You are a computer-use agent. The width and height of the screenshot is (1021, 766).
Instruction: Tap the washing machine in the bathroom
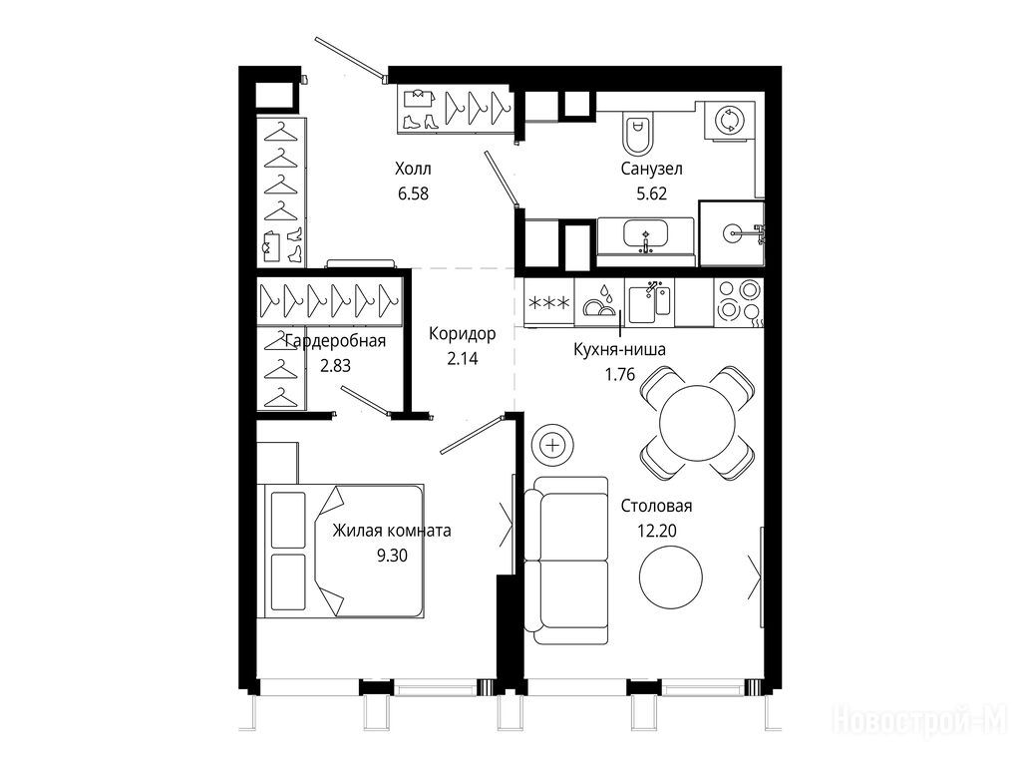[729, 121]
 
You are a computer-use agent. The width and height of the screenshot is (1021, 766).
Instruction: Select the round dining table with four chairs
[697, 423]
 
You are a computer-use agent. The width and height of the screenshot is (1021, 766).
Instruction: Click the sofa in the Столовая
[566, 561]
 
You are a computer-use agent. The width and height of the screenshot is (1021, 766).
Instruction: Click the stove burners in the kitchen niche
[738, 302]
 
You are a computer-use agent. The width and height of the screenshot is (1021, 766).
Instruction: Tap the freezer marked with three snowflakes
[549, 303]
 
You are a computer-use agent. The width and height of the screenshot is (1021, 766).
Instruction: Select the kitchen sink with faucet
[649, 302]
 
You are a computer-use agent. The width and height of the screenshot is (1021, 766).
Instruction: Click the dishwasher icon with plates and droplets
[599, 302]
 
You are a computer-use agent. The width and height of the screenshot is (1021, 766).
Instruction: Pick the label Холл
[413, 170]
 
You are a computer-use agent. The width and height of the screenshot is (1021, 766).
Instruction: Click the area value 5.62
[651, 193]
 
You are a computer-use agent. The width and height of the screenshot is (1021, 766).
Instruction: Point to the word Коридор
[463, 334]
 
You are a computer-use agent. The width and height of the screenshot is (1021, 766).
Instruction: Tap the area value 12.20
[656, 531]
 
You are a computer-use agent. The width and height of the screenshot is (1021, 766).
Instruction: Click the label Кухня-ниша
[619, 350]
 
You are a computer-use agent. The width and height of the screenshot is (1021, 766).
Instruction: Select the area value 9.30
[392, 555]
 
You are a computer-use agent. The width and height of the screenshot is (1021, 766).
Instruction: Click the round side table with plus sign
[552, 446]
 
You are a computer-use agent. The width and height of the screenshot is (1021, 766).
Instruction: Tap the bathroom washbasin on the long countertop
[645, 235]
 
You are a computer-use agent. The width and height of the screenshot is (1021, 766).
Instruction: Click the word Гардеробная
[335, 341]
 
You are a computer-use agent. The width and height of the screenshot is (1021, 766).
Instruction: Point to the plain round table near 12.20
[671, 576]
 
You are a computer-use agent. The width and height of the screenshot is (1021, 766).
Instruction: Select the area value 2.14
[463, 358]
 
